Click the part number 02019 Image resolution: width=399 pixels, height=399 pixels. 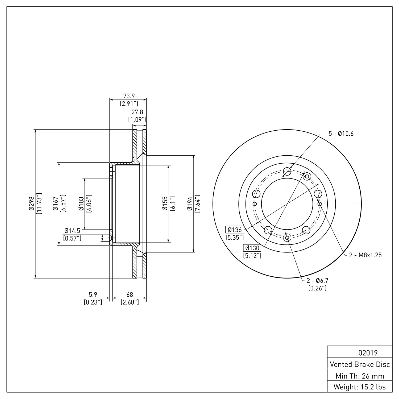pos(368,353)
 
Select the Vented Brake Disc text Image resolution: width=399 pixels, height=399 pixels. pos(360,364)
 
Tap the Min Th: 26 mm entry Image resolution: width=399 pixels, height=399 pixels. pos(360,376)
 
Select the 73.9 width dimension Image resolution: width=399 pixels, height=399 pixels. pos(128,96)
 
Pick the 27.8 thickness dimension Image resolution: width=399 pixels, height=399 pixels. pos(137,112)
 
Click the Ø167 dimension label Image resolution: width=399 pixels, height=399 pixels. pos(55,204)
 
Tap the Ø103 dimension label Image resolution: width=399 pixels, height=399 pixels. pos(81,204)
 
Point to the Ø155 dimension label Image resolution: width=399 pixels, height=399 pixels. pos(165,204)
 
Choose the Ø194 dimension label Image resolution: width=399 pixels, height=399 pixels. pos(190,204)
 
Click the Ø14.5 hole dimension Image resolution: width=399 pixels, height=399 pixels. pos(72,231)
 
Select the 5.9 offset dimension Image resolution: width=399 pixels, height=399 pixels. pos(93,294)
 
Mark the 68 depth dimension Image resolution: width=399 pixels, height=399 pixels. pos(130,294)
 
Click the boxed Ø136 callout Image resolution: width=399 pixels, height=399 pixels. pos(235,230)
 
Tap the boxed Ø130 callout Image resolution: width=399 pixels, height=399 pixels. pos(252,248)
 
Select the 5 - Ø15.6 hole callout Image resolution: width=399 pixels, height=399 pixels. pos(341,134)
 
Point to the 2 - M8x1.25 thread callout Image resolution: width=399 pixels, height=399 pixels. pos(365,255)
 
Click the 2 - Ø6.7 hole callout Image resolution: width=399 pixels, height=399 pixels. pos(318,280)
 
